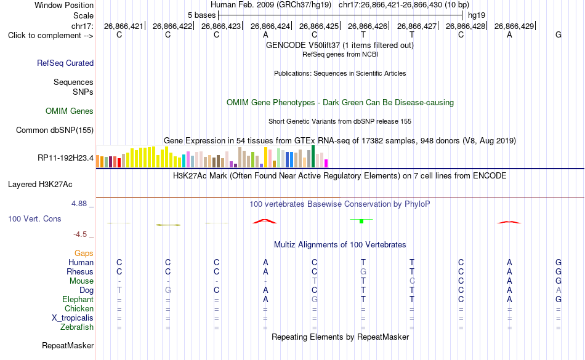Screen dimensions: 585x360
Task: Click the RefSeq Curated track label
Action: coord(65,63)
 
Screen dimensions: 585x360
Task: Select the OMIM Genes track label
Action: coord(70,111)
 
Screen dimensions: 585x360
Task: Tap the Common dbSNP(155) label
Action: coord(55,130)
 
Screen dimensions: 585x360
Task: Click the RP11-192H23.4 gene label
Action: coord(66,158)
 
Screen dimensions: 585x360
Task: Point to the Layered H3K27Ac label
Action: coord(40,185)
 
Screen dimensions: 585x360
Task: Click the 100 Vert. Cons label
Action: coord(34,218)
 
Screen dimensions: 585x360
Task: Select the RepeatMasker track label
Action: coord(68,345)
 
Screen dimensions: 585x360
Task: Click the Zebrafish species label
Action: coord(77,327)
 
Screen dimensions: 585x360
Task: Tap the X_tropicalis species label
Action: coord(73,318)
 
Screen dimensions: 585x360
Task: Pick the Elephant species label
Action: coord(78,299)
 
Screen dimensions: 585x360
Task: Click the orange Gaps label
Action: coord(84,254)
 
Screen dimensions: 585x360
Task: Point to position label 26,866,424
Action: coord(270,26)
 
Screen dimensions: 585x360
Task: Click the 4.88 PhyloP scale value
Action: coord(79,204)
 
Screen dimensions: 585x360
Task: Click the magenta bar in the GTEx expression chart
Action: coord(326,163)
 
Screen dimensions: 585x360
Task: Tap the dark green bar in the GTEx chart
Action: coord(313,156)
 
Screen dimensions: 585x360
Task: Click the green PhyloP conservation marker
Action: coord(361,221)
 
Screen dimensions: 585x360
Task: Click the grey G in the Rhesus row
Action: coord(363,271)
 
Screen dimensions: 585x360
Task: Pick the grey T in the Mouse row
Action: coord(315,281)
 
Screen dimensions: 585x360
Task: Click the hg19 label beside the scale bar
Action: coord(477,15)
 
